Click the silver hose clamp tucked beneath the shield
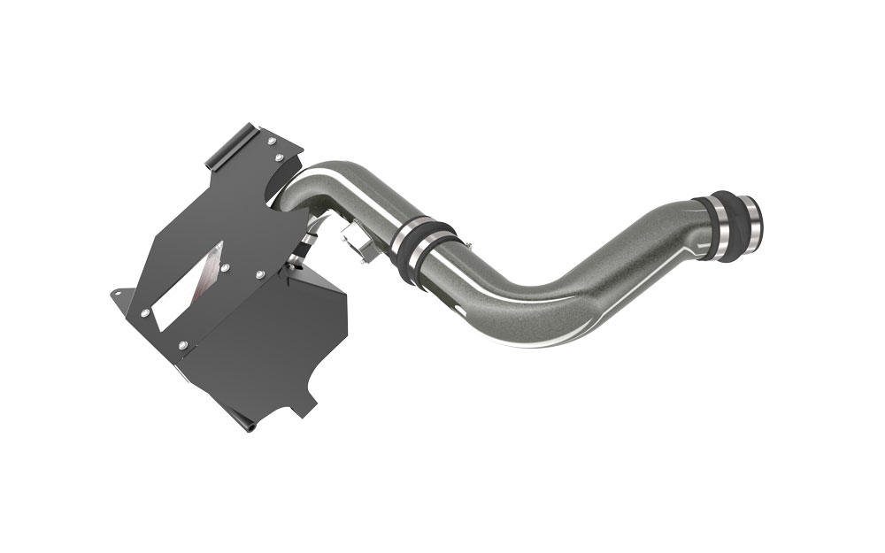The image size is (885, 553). (306, 241)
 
